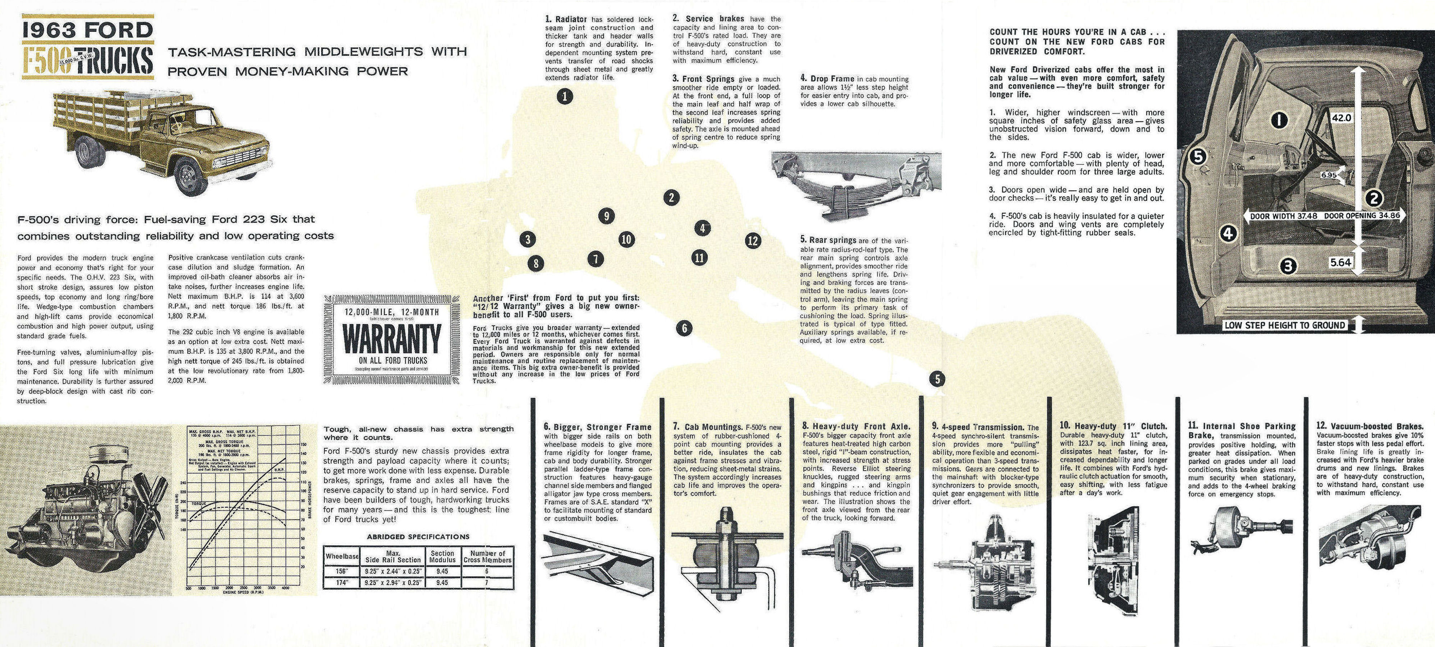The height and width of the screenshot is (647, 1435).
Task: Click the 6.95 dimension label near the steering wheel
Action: pyautogui.click(x=1329, y=175)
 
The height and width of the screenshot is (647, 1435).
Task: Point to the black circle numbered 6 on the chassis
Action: pyautogui.click(x=684, y=328)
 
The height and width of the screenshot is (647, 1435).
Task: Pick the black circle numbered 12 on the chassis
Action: pyautogui.click(x=753, y=241)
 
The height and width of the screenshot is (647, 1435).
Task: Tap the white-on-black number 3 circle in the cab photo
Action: pyautogui.click(x=1287, y=267)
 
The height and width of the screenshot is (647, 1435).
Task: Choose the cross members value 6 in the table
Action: pyautogui.click(x=487, y=571)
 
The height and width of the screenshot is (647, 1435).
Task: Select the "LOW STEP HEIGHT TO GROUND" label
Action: pyautogui.click(x=1284, y=325)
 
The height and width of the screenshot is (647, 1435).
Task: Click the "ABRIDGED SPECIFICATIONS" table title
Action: pyautogui.click(x=418, y=537)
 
